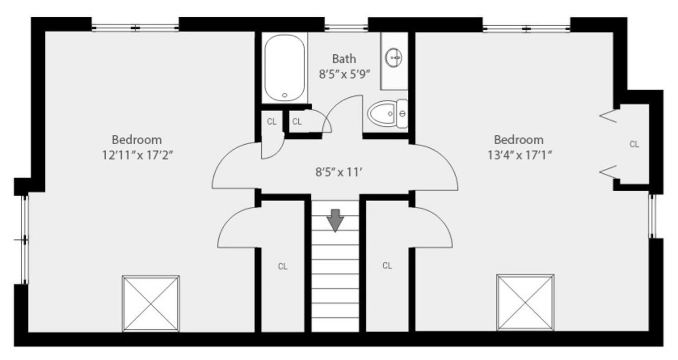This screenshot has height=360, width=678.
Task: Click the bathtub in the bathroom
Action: click(x=285, y=68)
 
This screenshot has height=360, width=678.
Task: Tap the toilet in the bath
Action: click(x=386, y=114)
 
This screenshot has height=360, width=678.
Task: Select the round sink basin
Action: click(x=394, y=58)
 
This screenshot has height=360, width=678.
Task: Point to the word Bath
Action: click(x=344, y=59)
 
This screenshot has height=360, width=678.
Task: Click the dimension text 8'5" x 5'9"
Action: click(x=345, y=74)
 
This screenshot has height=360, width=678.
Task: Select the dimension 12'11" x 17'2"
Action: click(x=138, y=155)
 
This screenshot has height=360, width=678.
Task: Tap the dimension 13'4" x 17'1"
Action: click(x=519, y=155)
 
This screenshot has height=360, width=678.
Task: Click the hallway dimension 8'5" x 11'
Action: click(x=339, y=172)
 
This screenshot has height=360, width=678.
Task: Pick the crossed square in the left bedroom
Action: click(x=151, y=303)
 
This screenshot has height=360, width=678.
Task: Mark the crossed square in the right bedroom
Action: click(x=525, y=302)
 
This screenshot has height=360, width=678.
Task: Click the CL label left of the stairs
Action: click(x=282, y=266)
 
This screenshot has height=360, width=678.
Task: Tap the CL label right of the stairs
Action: click(x=387, y=265)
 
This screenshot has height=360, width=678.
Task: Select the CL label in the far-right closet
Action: click(x=634, y=144)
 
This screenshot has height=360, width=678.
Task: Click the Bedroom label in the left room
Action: click(x=137, y=140)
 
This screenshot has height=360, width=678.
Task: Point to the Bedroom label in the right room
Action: click(x=518, y=140)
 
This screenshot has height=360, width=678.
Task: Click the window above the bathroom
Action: click(x=346, y=28)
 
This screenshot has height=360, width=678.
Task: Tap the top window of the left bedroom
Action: click(x=135, y=28)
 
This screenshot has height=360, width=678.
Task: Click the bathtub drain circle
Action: click(x=285, y=95)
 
